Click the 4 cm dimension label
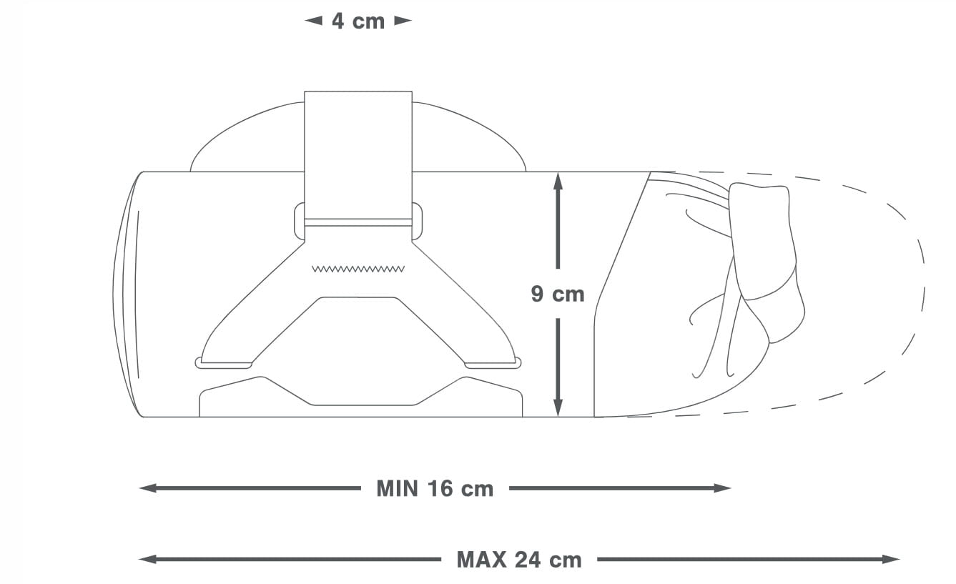[358, 21]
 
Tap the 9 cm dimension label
[558, 294]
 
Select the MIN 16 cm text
[435, 488]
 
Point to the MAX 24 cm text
[519, 559]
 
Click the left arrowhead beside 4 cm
[313, 21]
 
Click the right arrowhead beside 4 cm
[403, 21]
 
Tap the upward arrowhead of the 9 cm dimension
[558, 182]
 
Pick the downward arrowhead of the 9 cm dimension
[558, 407]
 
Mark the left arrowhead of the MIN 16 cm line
[148, 488]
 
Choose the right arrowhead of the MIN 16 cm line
[723, 488]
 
